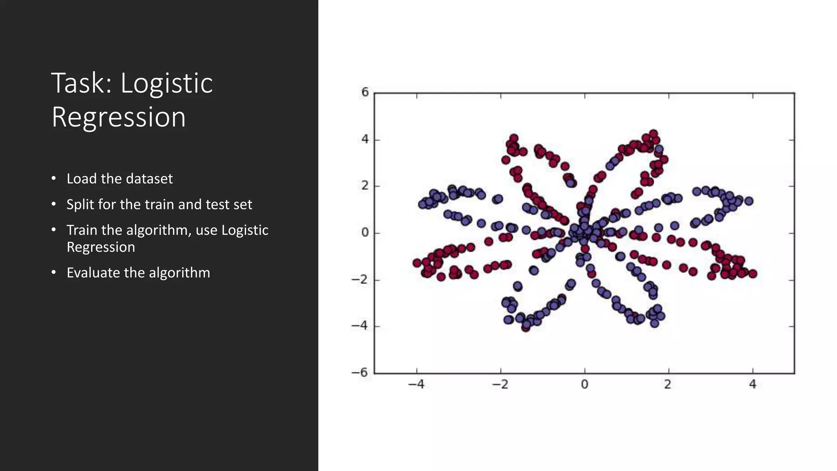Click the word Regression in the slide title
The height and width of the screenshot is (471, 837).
click(119, 117)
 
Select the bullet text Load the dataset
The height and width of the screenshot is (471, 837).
click(119, 179)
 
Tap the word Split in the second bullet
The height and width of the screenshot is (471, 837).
click(80, 204)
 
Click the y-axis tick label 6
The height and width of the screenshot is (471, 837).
click(365, 92)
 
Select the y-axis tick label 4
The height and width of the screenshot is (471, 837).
click(365, 139)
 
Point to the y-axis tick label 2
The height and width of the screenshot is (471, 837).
click(365, 186)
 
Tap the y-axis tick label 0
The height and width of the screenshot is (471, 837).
click(365, 233)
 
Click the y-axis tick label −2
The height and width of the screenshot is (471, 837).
click(360, 280)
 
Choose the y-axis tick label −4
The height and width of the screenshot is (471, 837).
click(360, 326)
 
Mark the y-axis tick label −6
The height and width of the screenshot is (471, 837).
click(360, 372)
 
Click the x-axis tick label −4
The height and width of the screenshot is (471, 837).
click(416, 385)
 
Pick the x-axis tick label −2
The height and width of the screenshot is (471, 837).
click(500, 385)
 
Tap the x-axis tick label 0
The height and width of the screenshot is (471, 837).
click(584, 385)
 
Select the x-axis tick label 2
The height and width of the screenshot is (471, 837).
click(668, 385)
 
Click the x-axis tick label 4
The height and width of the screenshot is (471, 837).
click(752, 385)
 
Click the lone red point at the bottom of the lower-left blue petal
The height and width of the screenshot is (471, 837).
click(526, 327)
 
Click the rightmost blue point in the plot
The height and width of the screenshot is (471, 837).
click(749, 201)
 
